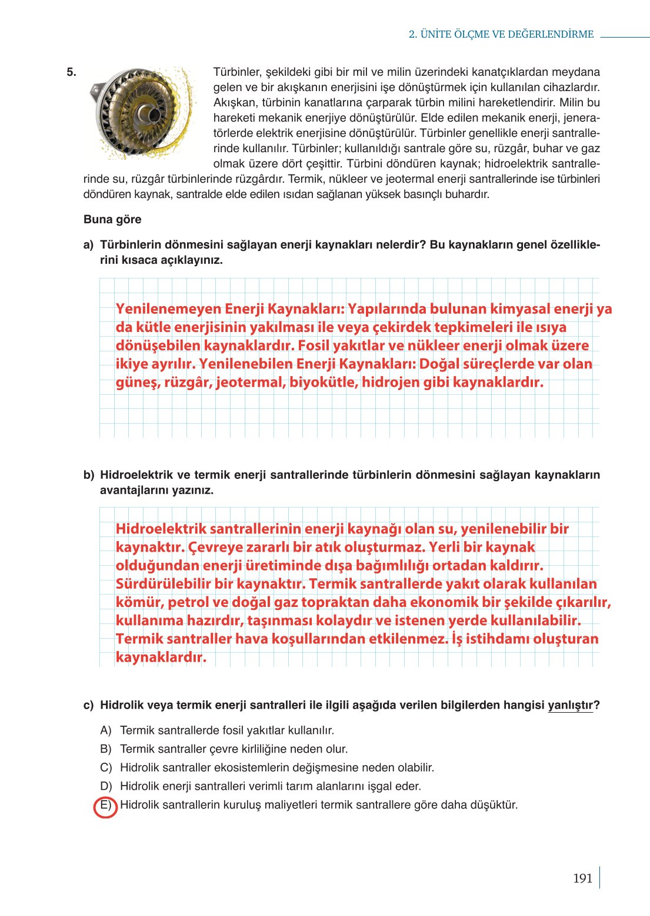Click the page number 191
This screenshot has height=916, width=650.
point(582,878)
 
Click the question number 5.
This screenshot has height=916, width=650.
point(71,72)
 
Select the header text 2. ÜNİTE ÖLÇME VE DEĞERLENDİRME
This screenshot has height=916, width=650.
point(501,34)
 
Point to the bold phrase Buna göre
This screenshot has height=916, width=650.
point(112,219)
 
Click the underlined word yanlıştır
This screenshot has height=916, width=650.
point(570,705)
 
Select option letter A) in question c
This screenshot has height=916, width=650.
point(106,730)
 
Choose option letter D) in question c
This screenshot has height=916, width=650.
point(106,786)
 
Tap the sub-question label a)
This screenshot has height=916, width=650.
point(88,244)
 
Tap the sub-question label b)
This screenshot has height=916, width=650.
point(88,475)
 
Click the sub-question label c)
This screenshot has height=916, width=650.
point(88,705)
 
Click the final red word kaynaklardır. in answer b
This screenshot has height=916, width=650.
point(161,657)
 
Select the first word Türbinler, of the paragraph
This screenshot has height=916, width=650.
point(237,72)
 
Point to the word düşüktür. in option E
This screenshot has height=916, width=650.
point(494,805)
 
